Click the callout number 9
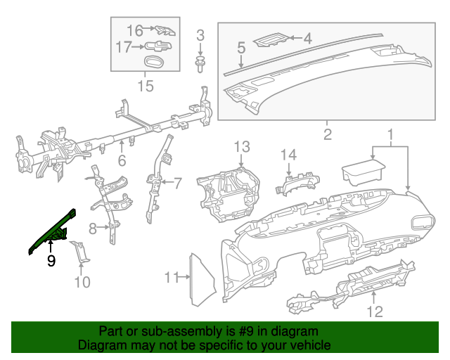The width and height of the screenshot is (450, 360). [x=51, y=262]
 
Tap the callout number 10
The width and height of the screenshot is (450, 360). [x=82, y=282]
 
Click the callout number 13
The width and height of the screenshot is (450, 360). [x=241, y=146]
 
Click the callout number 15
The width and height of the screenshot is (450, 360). [x=145, y=86]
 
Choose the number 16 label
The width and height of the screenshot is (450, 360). [x=134, y=30]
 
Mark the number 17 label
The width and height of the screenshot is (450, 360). [x=124, y=47]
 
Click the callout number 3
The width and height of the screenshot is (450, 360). [x=200, y=35]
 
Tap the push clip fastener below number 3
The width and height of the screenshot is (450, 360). [x=200, y=63]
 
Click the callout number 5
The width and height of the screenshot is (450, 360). [x=240, y=49]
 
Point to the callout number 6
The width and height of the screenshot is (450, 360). [x=122, y=160]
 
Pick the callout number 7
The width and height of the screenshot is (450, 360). [x=177, y=184]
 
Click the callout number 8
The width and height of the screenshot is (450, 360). [x=92, y=228]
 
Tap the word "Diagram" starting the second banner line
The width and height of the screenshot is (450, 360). [x=101, y=346]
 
